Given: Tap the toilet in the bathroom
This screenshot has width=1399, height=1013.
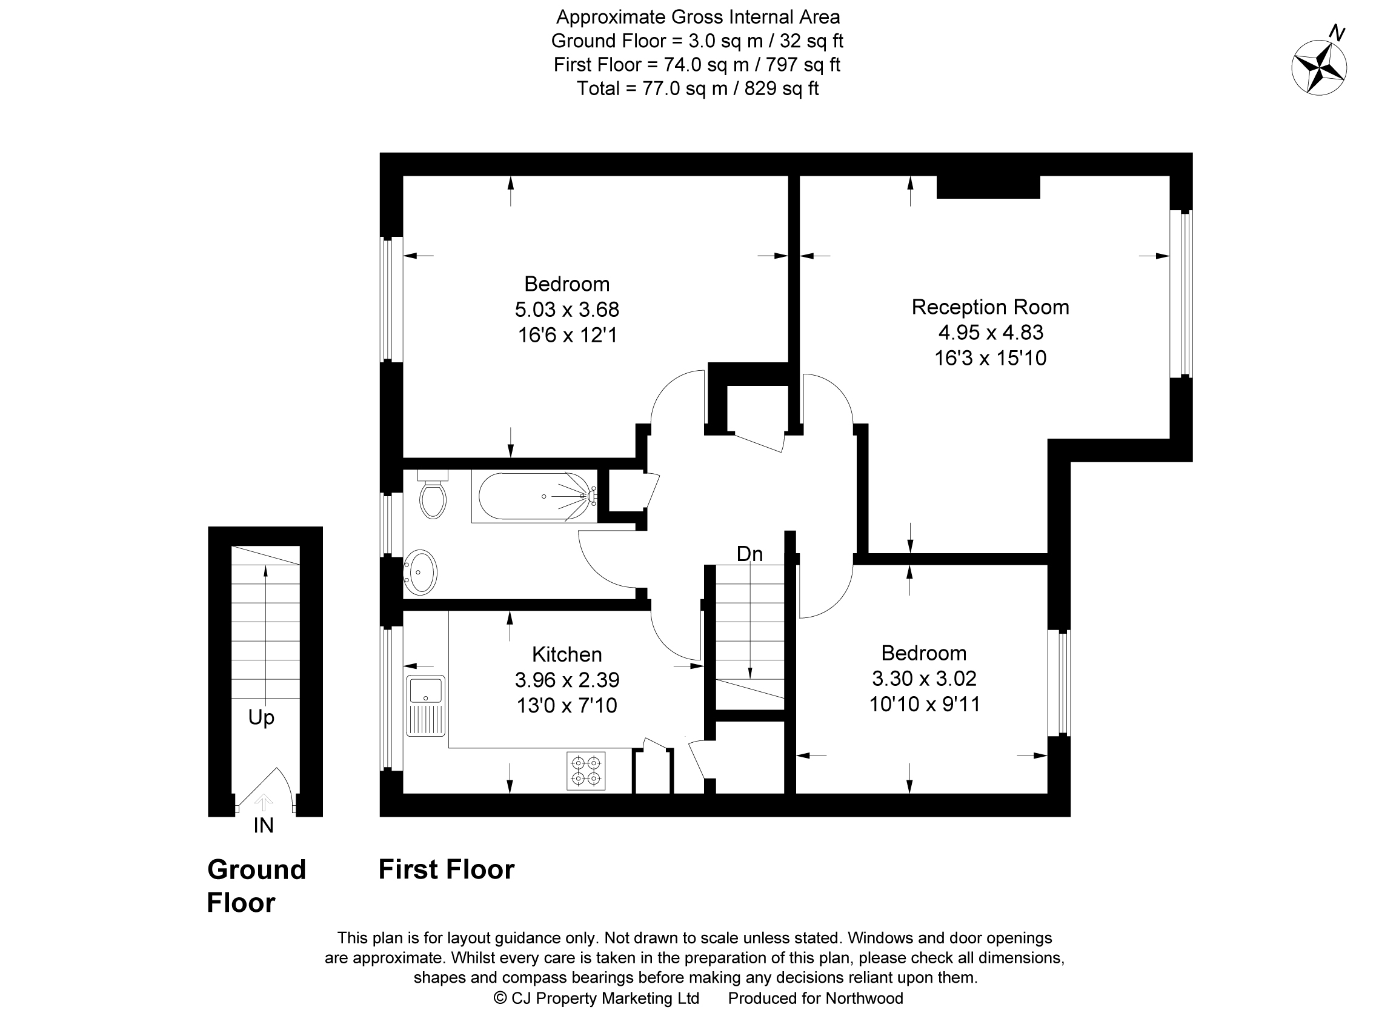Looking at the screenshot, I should [x=433, y=497].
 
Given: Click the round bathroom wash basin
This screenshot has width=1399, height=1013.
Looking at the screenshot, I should [x=420, y=572].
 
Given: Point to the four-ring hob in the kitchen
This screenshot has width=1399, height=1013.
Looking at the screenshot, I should [x=585, y=771].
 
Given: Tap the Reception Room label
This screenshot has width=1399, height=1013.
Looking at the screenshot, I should [x=989, y=307].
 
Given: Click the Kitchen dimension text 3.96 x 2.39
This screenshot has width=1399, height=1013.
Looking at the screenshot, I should [x=567, y=679].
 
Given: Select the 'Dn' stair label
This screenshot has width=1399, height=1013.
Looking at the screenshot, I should [x=749, y=554].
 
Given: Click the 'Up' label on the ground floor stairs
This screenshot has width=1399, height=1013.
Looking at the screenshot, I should [x=261, y=717].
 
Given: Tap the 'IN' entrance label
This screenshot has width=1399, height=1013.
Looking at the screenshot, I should [x=264, y=825].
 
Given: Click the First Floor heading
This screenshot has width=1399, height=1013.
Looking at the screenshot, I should [x=446, y=869].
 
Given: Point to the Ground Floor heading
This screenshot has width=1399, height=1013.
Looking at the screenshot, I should [x=256, y=886].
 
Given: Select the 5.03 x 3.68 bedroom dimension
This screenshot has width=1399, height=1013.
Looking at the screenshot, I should [x=567, y=309].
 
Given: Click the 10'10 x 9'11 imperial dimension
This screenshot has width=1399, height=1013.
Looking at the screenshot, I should [x=924, y=704].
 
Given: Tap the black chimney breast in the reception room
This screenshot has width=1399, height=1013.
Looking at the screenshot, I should [x=988, y=187].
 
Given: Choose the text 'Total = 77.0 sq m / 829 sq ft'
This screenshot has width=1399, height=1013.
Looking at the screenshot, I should [x=697, y=89].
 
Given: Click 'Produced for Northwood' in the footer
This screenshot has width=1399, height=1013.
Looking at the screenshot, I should [x=815, y=998].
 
